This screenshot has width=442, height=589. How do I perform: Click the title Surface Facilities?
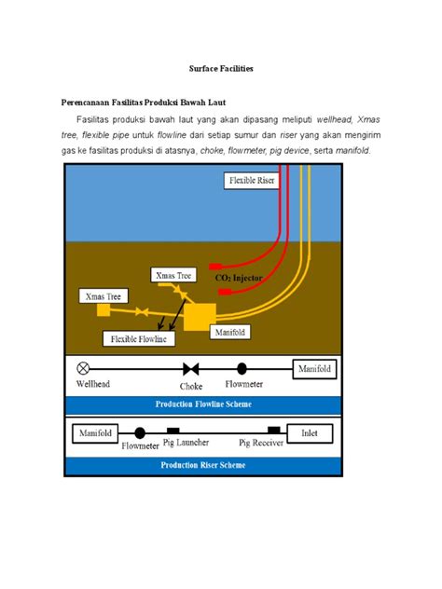coord(220,69)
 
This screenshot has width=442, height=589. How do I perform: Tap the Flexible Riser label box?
coord(251,180)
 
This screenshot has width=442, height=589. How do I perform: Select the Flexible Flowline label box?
coord(138,338)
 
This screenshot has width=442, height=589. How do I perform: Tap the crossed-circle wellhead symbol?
coord(83,368)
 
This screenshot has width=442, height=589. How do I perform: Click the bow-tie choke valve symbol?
coord(191,368)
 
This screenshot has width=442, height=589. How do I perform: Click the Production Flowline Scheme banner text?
coord(203,404)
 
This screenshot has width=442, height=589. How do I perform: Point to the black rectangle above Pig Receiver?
coord(273,430)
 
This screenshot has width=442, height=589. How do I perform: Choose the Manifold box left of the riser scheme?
coord(95,433)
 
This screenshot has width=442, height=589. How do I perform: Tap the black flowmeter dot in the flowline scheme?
coord(242,368)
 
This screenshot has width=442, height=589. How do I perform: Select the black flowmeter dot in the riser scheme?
coord(140,433)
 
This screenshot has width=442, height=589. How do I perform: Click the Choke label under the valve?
coord(191,385)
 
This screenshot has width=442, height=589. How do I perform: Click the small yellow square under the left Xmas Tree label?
coord(104,309)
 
